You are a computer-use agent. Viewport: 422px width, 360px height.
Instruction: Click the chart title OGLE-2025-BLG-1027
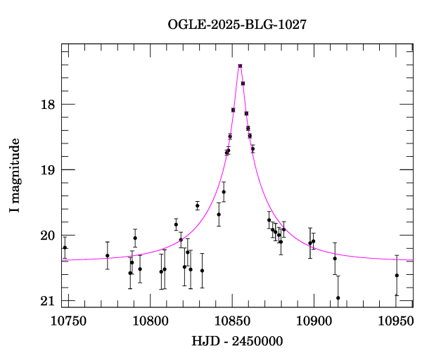pyautogui.click(x=237, y=24)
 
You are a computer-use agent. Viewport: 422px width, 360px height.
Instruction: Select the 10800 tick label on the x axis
pyautogui.click(x=153, y=321)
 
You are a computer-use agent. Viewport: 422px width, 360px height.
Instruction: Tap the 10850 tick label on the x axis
pyautogui.click(x=233, y=321)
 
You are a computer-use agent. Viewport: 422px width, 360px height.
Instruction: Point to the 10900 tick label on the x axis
pyautogui.click(x=313, y=321)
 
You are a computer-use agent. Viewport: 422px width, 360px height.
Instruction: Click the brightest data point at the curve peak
pyautogui.click(x=241, y=66)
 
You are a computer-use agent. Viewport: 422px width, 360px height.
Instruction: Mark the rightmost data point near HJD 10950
pyautogui.click(x=397, y=275)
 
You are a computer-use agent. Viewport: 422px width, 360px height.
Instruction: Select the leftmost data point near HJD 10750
pyautogui.click(x=65, y=247)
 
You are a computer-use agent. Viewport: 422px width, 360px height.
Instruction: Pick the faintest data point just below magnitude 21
pyautogui.click(x=338, y=297)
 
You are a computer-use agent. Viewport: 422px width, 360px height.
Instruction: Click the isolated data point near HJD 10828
pyautogui.click(x=198, y=205)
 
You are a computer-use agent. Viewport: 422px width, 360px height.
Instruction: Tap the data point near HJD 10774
pyautogui.click(x=108, y=255)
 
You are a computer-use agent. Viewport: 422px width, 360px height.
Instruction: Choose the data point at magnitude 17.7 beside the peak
pyautogui.click(x=243, y=83)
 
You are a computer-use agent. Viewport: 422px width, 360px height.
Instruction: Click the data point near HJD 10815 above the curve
pyautogui.click(x=176, y=225)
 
